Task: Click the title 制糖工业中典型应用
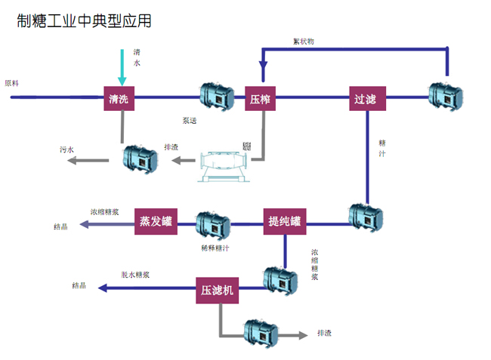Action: click(x=84, y=20)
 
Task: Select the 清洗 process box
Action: click(x=118, y=98)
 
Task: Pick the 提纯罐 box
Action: click(x=285, y=221)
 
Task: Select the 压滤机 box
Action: click(x=218, y=289)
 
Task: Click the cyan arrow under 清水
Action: click(x=122, y=69)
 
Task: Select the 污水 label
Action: click(x=67, y=149)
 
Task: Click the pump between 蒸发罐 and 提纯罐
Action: click(x=213, y=224)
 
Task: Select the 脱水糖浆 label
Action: click(x=135, y=274)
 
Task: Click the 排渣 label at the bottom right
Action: click(x=325, y=333)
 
